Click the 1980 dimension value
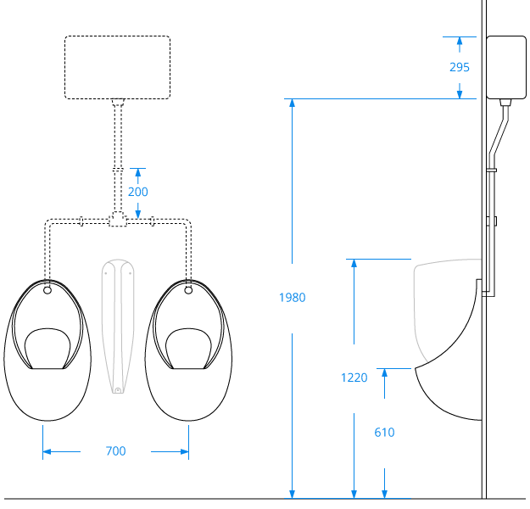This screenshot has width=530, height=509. (x=293, y=298)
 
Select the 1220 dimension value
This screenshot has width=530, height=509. (x=354, y=378)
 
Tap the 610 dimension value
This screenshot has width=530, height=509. (x=384, y=432)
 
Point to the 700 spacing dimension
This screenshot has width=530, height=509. (x=115, y=451)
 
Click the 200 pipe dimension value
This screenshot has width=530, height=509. (x=137, y=192)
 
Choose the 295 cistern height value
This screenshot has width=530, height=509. (x=459, y=67)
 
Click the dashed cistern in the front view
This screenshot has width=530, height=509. (x=117, y=67)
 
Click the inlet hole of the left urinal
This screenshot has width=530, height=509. (x=47, y=290)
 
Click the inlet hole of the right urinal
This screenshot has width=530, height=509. (x=187, y=290)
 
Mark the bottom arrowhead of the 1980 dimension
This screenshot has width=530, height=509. (x=293, y=493)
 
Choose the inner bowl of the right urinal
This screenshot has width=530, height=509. (x=187, y=348)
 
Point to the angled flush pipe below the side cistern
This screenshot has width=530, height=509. (x=499, y=131)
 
